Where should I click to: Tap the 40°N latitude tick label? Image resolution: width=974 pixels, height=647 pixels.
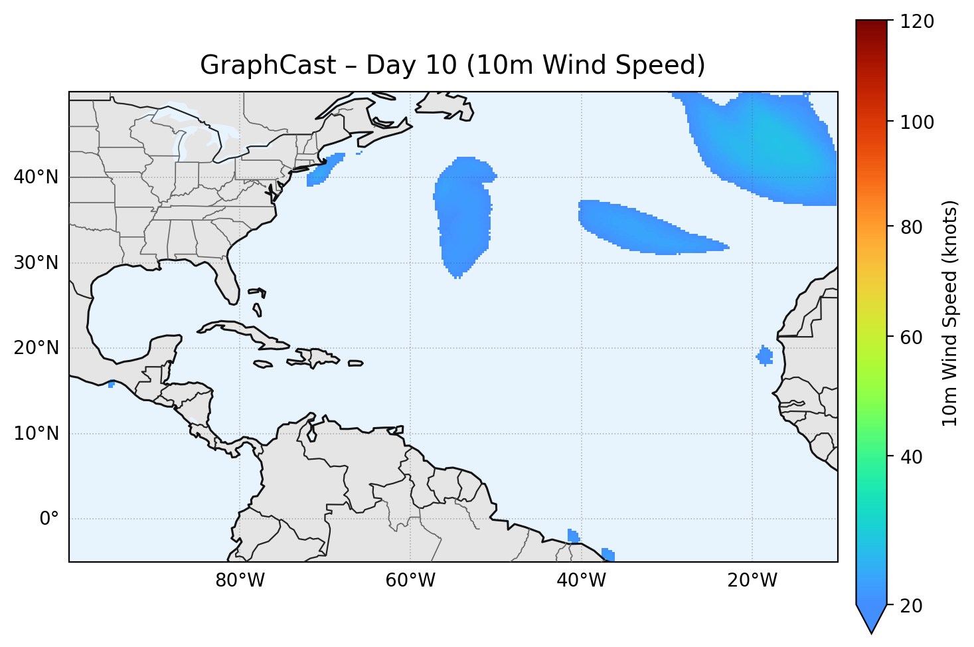click(36, 177)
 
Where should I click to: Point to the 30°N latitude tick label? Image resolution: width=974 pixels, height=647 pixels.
click(36, 263)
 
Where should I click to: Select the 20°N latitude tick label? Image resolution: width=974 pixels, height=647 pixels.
click(36, 348)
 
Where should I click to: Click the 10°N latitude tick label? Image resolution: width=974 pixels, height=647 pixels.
click(36, 434)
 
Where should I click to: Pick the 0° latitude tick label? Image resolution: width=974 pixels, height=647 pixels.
click(49, 519)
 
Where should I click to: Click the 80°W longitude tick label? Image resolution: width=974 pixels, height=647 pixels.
click(240, 581)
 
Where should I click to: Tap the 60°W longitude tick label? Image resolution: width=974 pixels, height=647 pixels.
click(410, 581)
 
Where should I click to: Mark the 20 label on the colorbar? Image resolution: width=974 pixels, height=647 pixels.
click(912, 605)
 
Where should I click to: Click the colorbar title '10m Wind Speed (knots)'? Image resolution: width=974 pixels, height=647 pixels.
click(950, 314)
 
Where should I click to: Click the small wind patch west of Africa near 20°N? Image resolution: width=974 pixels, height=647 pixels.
click(765, 356)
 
